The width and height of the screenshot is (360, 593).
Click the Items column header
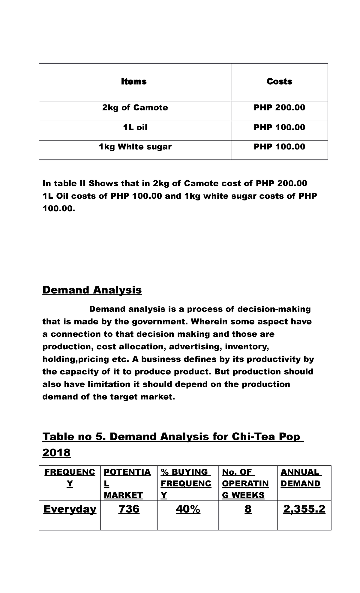[x=134, y=82]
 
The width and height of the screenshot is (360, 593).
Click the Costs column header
[x=279, y=82]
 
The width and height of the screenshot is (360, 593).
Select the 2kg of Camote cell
[x=135, y=108]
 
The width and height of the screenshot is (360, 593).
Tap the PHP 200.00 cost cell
[x=279, y=108]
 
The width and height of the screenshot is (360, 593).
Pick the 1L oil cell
[x=135, y=128]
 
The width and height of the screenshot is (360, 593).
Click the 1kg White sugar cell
[x=135, y=147]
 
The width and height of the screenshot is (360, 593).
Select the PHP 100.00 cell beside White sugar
[x=279, y=147]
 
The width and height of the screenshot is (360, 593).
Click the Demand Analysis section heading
[x=92, y=290]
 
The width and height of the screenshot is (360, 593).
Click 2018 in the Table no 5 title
[x=56, y=453]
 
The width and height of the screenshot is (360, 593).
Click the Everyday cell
[x=70, y=509]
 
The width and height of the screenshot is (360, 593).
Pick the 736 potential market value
[x=129, y=509]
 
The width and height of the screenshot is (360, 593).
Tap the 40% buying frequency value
[x=188, y=509]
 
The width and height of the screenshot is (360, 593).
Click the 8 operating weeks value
[x=248, y=509]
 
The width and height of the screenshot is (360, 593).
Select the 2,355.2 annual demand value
[x=304, y=509]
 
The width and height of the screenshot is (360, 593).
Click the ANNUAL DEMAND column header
[x=300, y=478]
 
